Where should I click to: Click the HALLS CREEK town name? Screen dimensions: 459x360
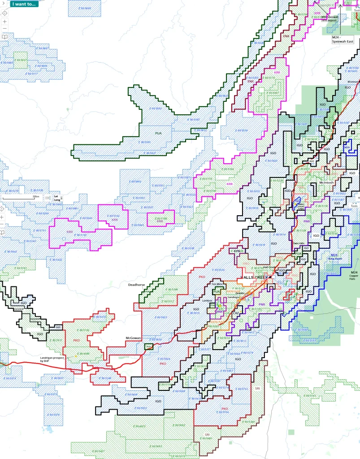[x=254, y=278]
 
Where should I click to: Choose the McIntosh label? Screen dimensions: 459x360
[x=327, y=183]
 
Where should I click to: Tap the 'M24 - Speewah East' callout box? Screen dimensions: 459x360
[x=343, y=39]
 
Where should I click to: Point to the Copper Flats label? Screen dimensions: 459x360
[x=354, y=276]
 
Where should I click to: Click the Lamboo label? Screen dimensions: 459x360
[x=207, y=301]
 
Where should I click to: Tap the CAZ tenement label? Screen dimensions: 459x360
[x=236, y=313]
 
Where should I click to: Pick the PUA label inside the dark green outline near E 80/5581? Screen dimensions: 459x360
[x=158, y=133]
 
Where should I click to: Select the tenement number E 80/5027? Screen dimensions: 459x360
[x=21, y=60]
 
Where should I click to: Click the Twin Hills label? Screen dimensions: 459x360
[x=298, y=243]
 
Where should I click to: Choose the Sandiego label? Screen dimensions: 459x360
[x=233, y=297]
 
